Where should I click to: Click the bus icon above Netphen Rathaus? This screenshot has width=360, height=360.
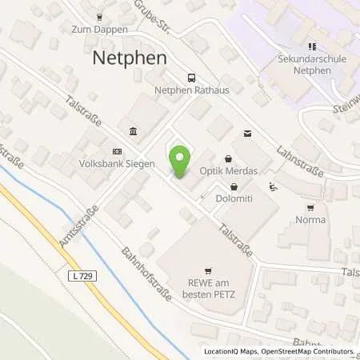(x=190, y=78)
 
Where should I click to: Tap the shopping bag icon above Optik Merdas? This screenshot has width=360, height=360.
(x=231, y=158)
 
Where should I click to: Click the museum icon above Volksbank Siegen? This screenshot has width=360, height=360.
(x=132, y=132)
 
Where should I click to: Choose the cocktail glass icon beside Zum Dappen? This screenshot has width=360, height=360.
(x=99, y=16)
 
